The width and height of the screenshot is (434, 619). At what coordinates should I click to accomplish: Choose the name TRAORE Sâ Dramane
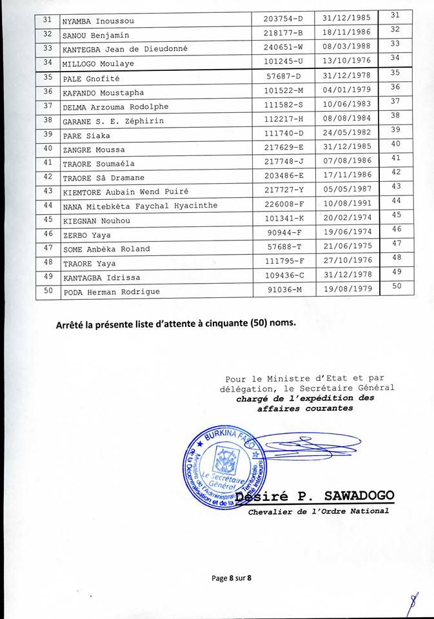[x=103, y=177]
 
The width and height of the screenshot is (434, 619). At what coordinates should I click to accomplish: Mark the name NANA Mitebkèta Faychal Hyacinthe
[x=140, y=206]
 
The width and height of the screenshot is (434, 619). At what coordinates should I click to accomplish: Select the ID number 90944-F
[x=284, y=234]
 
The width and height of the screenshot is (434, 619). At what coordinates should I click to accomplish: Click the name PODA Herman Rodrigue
[x=110, y=291]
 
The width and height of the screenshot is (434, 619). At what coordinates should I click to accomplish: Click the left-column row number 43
[x=48, y=191]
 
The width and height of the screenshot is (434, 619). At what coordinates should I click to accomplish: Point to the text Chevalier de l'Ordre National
[x=319, y=511]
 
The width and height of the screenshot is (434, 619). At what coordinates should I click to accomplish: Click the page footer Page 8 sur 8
[x=231, y=577]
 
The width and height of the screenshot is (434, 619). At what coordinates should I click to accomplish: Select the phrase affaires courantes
[x=304, y=408]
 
